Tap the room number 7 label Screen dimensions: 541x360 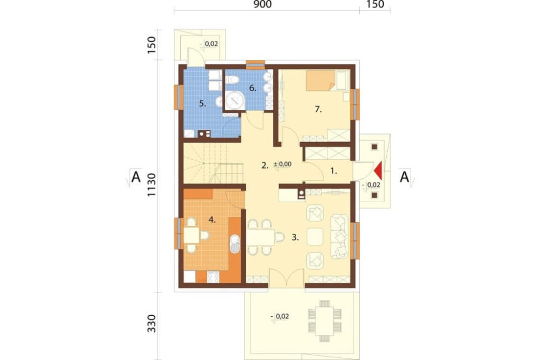tap(318, 110)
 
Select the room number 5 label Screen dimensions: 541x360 tap(202, 103)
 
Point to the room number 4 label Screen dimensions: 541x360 tap(212, 219)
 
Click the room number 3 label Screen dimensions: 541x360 tap(295, 237)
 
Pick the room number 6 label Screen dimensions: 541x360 tap(253, 88)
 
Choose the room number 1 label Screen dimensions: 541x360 tap(333, 171)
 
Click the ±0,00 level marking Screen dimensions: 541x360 tap(282, 164)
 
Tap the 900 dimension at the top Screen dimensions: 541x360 tap(262, 4)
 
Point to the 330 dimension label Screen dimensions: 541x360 tap(152, 323)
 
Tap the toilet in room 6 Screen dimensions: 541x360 tap(232, 80)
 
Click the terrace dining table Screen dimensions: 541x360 tap(324, 321)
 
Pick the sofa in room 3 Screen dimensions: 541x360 tap(340, 237)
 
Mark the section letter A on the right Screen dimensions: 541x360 tap(404, 177)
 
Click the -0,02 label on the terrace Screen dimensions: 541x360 tap(280, 316)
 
